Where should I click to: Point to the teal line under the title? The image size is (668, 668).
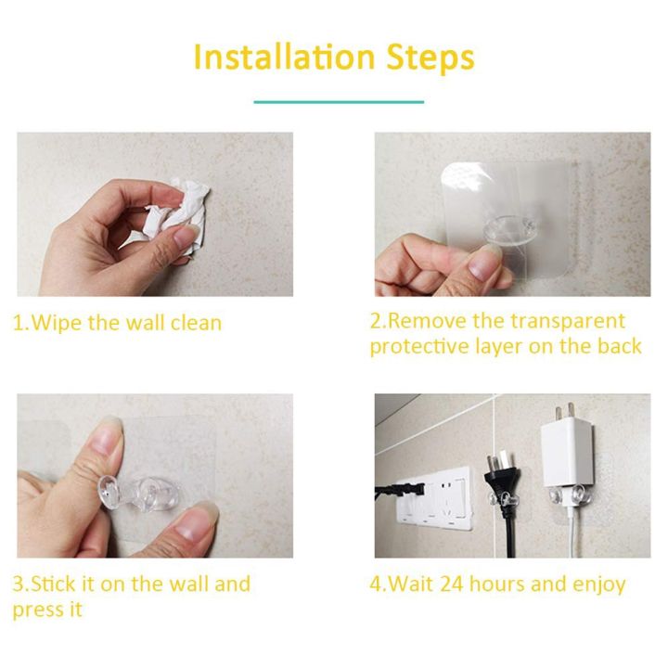[339, 101]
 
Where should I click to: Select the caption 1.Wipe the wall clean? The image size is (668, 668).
[117, 324]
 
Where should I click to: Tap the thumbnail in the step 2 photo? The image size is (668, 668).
[484, 263]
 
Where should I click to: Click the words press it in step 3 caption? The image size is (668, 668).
[47, 610]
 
